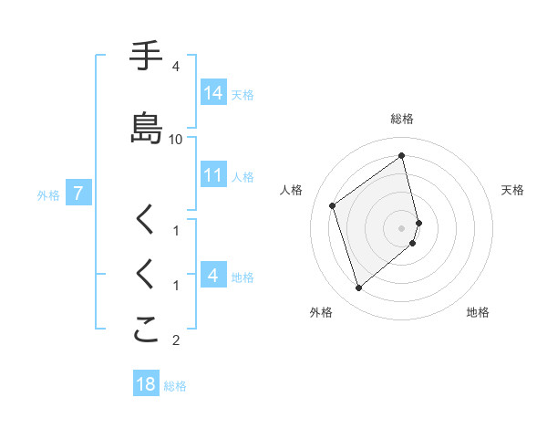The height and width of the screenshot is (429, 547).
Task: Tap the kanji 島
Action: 146,128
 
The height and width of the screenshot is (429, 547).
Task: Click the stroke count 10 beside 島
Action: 176,139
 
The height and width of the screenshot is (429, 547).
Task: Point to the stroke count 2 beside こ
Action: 176,341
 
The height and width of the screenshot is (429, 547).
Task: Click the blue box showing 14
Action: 213,93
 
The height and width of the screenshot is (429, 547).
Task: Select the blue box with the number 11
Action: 213,175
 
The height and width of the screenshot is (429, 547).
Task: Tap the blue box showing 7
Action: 78,194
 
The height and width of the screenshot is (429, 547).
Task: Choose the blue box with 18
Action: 146,384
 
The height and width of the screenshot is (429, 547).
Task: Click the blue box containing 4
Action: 213,276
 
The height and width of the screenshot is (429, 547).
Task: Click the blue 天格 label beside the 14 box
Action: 243,94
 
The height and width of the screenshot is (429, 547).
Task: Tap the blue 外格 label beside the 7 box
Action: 48,194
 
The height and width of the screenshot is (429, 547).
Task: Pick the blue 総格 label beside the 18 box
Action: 175,385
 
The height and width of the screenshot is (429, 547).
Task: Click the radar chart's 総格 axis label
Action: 402,119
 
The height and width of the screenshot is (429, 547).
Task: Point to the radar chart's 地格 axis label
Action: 478,312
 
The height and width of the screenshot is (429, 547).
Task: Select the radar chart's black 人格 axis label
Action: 292,190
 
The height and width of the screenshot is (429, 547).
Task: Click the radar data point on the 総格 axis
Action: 402,155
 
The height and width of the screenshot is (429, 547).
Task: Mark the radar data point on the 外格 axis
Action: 358,288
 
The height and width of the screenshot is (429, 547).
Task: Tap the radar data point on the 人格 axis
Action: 333,205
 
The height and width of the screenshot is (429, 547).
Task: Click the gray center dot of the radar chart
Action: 402,228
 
